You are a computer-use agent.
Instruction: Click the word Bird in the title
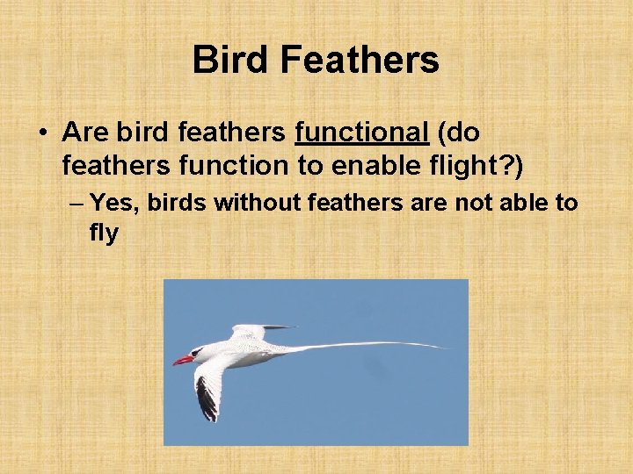[230, 60]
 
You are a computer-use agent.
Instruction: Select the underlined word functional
[361, 133]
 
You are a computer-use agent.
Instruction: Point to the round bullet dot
[41, 133]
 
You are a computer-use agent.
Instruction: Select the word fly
[103, 233]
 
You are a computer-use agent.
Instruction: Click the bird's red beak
[182, 359]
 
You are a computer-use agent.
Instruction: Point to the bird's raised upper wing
[251, 331]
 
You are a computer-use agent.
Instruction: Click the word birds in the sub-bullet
[178, 204]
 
